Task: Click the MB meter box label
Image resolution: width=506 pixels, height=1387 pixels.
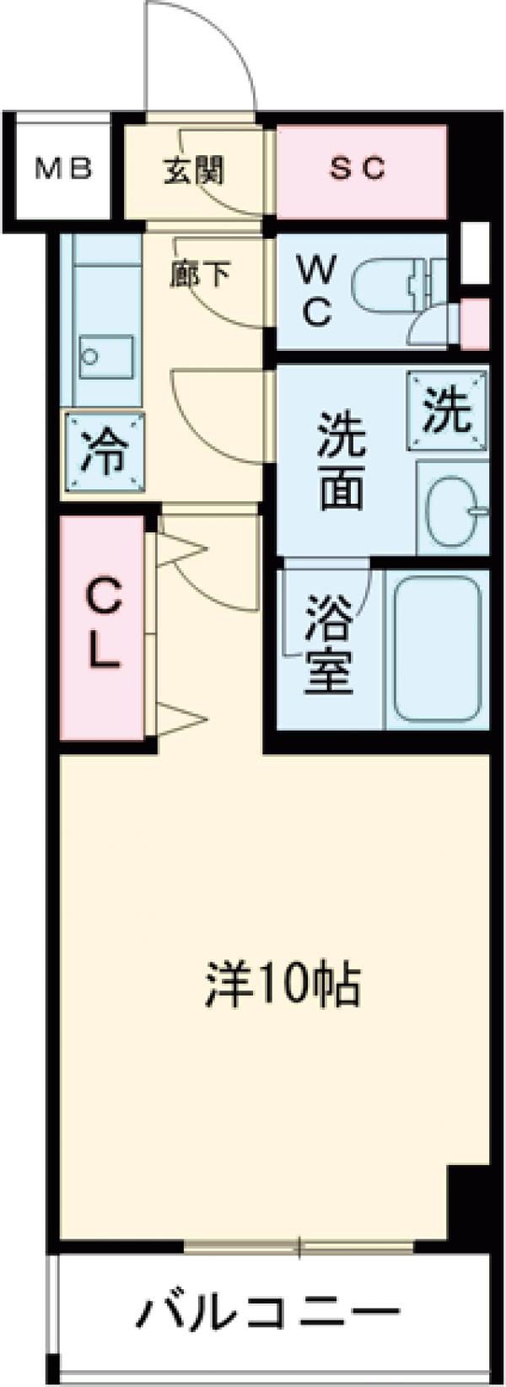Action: [x=62, y=170]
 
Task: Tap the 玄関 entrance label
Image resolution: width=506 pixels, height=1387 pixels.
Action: [x=193, y=170]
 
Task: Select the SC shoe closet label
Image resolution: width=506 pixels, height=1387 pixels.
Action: [x=358, y=169]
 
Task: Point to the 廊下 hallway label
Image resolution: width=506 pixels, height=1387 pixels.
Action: [x=200, y=274]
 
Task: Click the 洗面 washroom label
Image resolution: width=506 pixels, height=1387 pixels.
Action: [x=341, y=461]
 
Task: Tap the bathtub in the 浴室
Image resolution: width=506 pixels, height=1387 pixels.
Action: [x=437, y=648]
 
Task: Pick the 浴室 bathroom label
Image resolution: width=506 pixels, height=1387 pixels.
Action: [x=328, y=643]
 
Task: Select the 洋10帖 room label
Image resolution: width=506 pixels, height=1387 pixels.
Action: [x=283, y=985]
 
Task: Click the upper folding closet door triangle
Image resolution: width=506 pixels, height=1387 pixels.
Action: [x=180, y=551]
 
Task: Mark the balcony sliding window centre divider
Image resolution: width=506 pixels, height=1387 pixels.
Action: [x=299, y=1245]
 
